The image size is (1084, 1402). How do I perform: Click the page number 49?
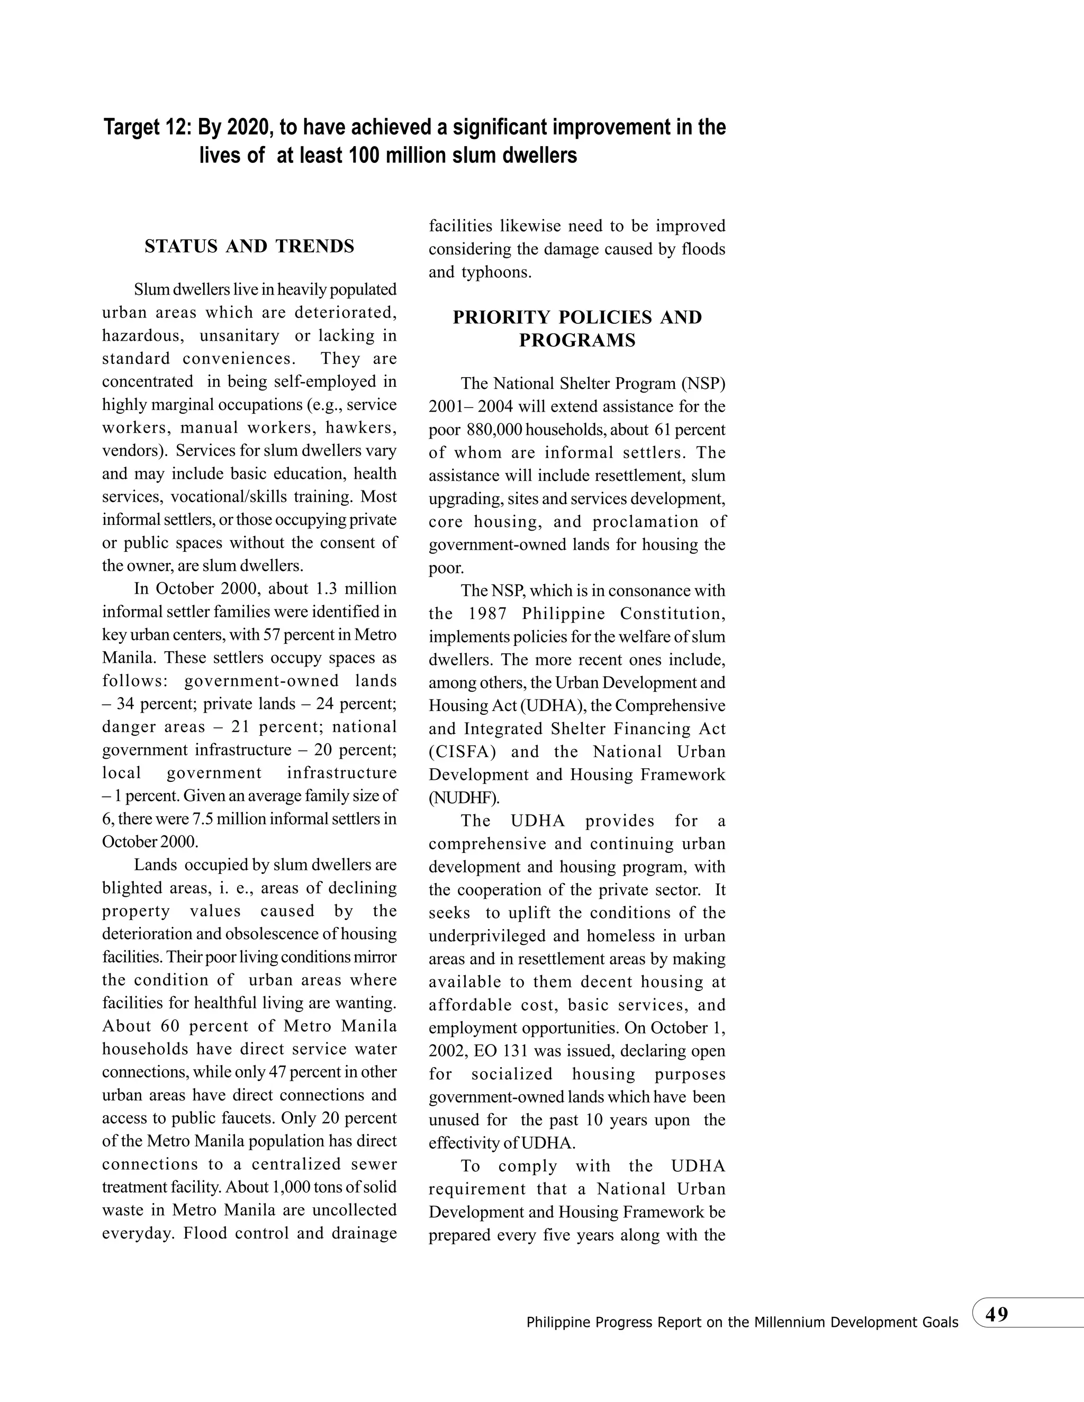[997, 1314]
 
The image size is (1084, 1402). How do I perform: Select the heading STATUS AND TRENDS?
[249, 247]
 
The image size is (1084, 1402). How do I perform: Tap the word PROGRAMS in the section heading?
[577, 341]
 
